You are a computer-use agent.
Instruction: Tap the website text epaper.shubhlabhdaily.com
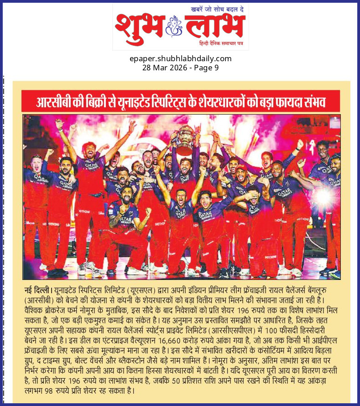point(180,58)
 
